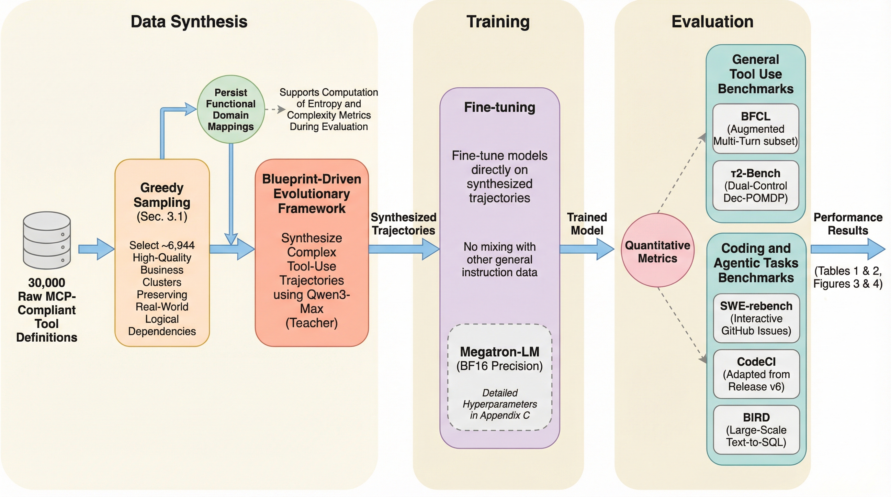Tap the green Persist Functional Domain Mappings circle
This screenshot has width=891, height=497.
click(x=231, y=109)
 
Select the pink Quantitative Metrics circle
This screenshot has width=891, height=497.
click(x=658, y=250)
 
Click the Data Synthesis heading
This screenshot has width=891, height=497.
click(x=189, y=21)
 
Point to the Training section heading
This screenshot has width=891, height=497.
click(x=498, y=21)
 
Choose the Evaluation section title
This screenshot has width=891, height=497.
click(x=712, y=21)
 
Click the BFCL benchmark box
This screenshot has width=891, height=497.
click(x=755, y=128)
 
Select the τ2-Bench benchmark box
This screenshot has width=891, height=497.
click(x=755, y=185)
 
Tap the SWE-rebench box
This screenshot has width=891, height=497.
click(x=756, y=318)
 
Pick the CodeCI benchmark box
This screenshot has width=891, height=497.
click(x=756, y=374)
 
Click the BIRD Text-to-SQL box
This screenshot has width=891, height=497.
click(x=756, y=430)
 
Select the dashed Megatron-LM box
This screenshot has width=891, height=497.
click(x=500, y=377)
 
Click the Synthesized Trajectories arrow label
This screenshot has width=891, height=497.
click(x=403, y=224)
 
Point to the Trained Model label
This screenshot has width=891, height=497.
click(x=587, y=224)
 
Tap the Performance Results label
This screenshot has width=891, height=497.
click(x=848, y=224)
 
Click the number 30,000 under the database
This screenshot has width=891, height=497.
click(x=47, y=283)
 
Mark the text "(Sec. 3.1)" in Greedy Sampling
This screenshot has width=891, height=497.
click(x=162, y=216)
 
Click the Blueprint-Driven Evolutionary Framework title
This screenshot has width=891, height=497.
click(x=312, y=193)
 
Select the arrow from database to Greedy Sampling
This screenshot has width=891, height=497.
click(x=96, y=249)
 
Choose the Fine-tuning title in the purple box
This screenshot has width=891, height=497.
click(x=500, y=107)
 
